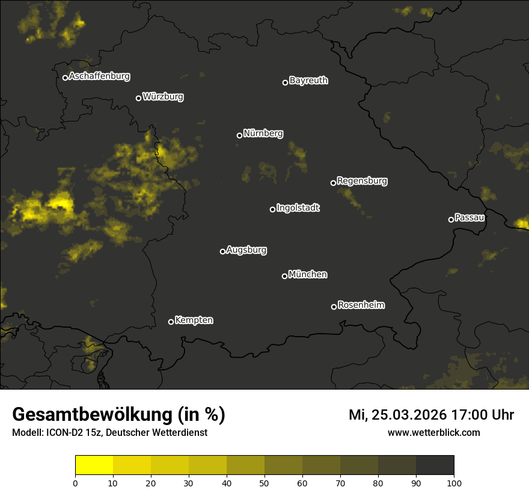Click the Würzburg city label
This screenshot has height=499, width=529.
(163, 97)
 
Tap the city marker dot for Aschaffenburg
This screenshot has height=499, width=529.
(65, 78)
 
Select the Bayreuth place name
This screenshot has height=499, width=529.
(308, 81)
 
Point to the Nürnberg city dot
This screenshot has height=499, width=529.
(239, 135)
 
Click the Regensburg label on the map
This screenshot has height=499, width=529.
(362, 181)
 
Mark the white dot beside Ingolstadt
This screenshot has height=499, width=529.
(272, 209)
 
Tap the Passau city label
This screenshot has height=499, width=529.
(470, 218)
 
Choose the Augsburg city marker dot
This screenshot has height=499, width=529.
(222, 251)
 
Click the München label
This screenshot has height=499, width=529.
(308, 275)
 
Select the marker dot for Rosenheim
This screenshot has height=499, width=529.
(334, 307)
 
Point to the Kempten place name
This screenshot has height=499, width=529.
(194, 320)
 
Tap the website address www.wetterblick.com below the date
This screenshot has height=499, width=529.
(433, 433)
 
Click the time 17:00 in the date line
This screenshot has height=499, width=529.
(462, 415)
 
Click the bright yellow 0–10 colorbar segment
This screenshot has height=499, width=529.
(94, 465)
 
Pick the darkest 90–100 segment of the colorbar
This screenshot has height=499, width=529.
(435, 465)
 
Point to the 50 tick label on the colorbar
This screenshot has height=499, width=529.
(264, 482)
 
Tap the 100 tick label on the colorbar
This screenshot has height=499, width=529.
(454, 482)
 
